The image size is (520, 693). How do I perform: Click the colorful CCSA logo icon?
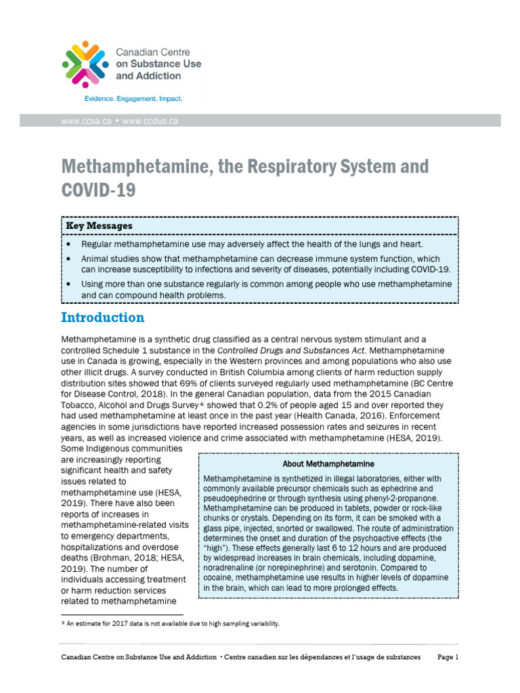point(85,64)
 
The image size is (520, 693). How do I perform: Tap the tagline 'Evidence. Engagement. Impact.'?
point(133,99)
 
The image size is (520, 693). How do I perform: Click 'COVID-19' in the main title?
point(98,190)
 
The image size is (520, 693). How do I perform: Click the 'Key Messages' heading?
point(99,225)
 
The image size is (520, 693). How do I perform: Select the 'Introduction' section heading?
point(102,317)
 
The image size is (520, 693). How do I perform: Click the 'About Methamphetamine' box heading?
point(328,464)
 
